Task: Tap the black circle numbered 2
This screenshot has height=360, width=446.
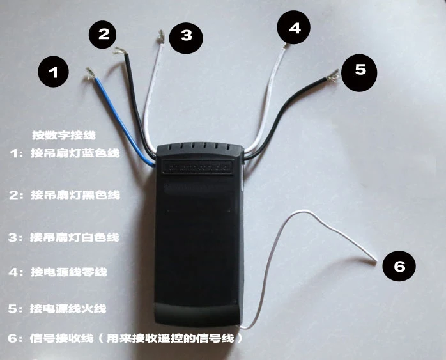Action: pyautogui.click(x=104, y=34)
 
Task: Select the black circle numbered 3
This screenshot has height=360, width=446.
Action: pyautogui.click(x=186, y=35)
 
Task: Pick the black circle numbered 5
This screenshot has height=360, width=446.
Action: pyautogui.click(x=360, y=69)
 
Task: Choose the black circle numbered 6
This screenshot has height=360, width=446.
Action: pyautogui.click(x=399, y=267)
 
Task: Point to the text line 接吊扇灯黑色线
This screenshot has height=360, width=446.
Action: pyautogui.click(x=75, y=194)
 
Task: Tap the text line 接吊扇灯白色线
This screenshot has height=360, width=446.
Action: pyautogui.click(x=74, y=237)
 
